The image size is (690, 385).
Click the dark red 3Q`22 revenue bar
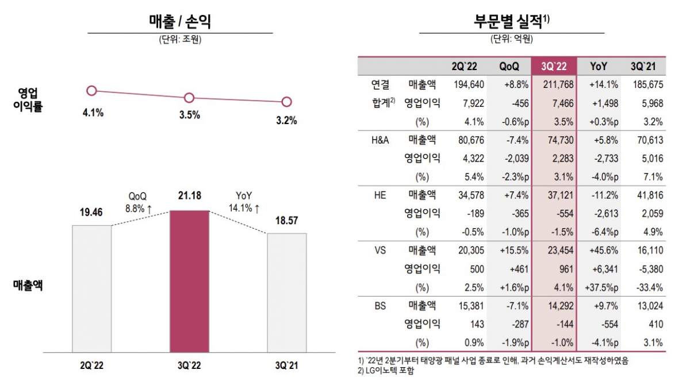click(189, 281)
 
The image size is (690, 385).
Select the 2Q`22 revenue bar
click(91, 288)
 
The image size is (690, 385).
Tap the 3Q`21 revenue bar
click(287, 292)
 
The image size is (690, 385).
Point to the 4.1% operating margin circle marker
click(91, 90)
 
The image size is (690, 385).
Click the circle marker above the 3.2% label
click(287, 102)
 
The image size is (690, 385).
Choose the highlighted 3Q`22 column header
click(554, 66)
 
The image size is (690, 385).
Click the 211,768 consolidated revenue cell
click(554, 85)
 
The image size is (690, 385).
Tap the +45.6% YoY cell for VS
click(604, 250)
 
